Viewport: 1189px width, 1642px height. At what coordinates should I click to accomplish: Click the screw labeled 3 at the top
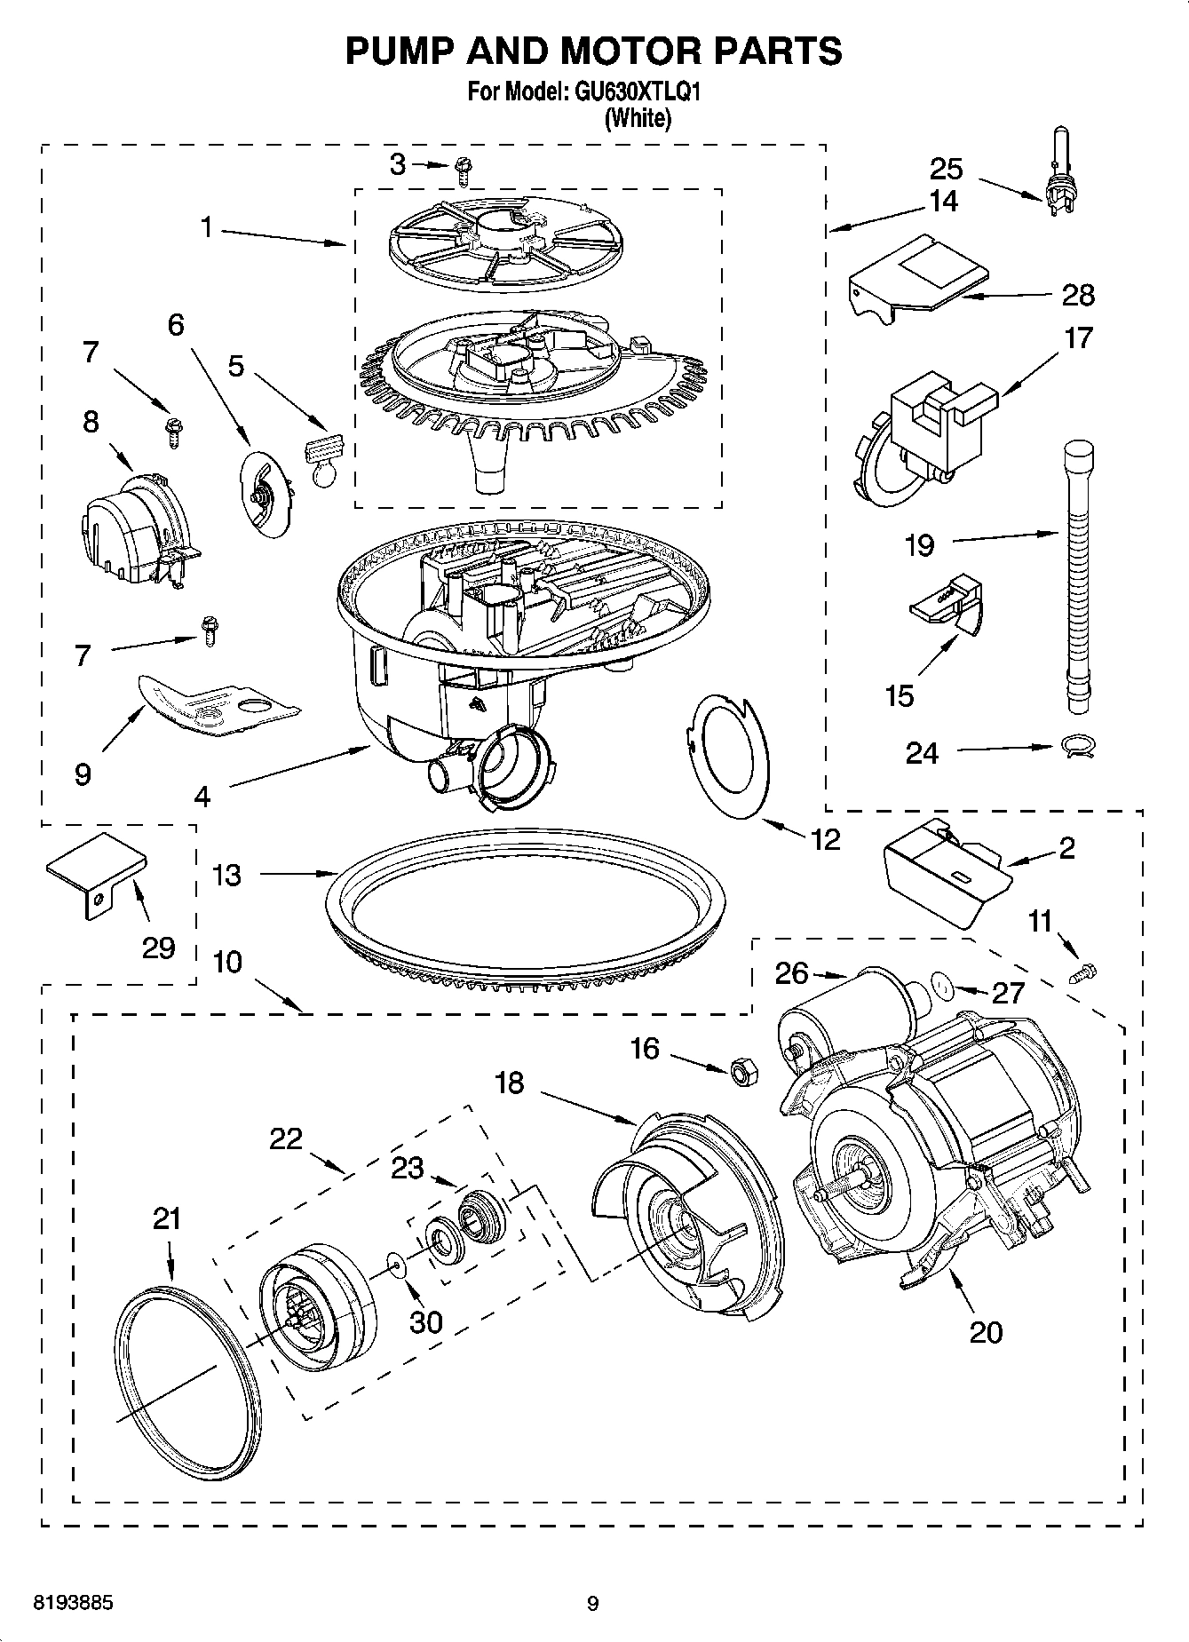462,169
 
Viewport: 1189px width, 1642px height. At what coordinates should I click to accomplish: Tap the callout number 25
946,168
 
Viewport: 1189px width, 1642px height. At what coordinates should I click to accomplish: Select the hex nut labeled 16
742,1072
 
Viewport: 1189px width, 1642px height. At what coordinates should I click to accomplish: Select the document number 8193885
72,1604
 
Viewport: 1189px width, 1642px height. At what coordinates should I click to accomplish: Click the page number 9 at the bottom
593,1604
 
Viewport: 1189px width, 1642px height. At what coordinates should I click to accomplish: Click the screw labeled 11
1085,972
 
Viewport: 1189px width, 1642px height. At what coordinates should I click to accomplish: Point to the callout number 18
510,1083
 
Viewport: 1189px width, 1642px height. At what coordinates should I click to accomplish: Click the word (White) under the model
638,118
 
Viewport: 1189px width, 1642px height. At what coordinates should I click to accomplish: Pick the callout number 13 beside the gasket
227,875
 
